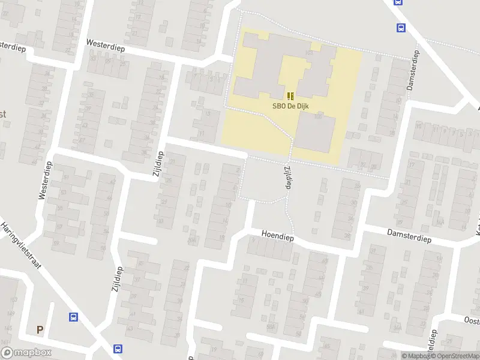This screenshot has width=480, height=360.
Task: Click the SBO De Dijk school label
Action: tap(290, 106)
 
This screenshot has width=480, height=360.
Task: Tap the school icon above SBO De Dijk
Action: tap(290, 96)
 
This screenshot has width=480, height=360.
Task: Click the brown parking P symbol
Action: tap(40, 329)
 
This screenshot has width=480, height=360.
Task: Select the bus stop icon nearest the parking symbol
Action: tap(74, 317)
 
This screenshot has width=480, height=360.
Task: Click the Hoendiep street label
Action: tap(277, 236)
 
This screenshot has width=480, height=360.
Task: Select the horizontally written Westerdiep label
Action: tap(105, 44)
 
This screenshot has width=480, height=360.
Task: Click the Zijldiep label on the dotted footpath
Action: tap(287, 178)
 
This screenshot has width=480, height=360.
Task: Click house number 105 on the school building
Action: tap(310, 54)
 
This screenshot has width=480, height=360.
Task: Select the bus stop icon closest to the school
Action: tap(400, 27)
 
